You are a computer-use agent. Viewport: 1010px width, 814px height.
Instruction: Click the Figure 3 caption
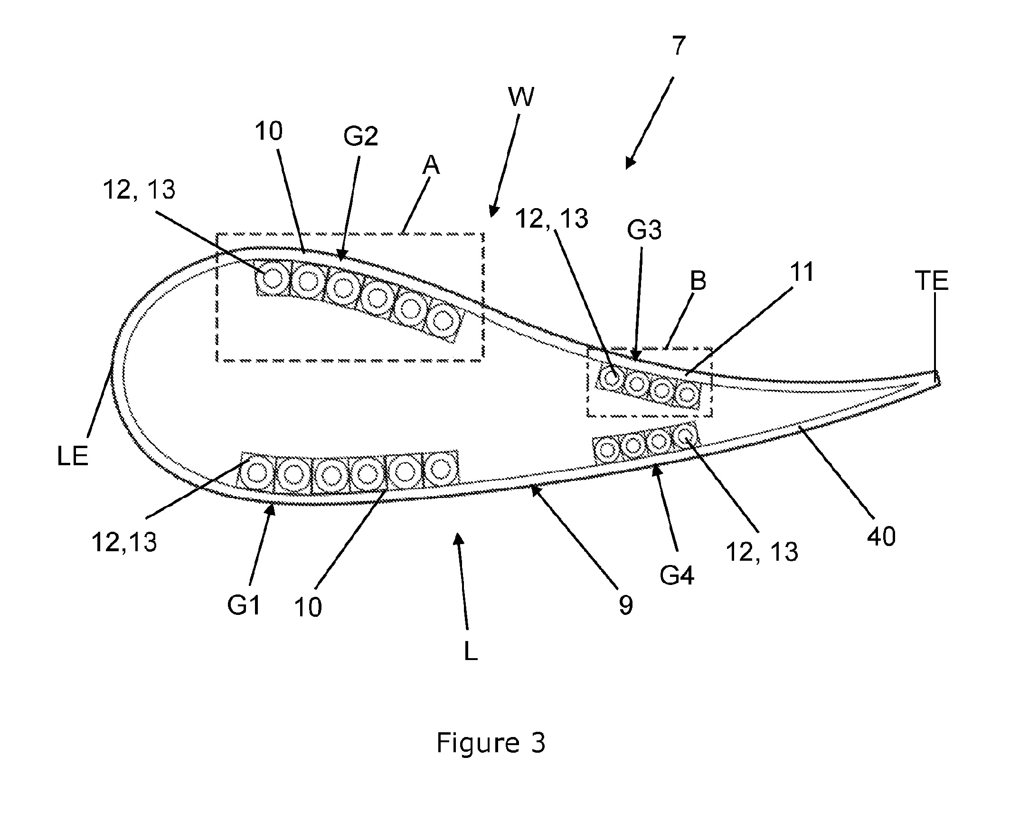click(491, 743)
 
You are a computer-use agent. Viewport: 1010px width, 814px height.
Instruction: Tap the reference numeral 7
click(679, 46)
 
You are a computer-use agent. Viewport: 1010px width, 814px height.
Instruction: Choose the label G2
click(360, 136)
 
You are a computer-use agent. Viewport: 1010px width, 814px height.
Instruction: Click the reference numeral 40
click(881, 537)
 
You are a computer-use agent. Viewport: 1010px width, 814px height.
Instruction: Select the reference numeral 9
click(626, 605)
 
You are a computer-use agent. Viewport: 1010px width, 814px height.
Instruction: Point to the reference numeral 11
click(801, 272)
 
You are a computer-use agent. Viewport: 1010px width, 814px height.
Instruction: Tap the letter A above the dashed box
click(431, 166)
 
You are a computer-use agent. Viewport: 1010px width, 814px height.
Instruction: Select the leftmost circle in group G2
click(272, 278)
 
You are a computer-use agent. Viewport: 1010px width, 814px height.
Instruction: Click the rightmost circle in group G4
click(684, 434)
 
